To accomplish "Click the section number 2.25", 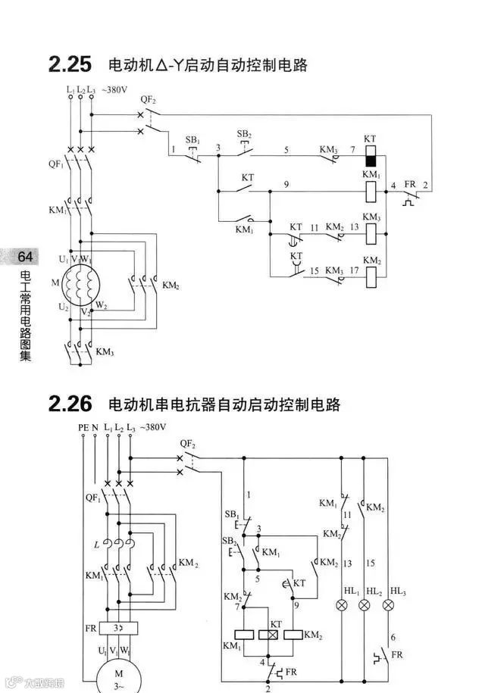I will [x=70, y=64].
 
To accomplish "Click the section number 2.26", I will [x=70, y=403].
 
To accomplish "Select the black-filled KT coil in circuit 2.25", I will [x=371, y=157].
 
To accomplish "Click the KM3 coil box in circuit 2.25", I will [x=371, y=234].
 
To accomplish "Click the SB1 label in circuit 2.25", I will [x=193, y=141].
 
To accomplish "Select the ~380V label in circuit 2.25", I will [x=114, y=89].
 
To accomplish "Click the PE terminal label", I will [x=83, y=428].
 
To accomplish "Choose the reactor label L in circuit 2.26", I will [x=96, y=545].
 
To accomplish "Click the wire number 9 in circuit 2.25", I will [x=286, y=185].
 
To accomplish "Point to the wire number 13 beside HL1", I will [x=349, y=563].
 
